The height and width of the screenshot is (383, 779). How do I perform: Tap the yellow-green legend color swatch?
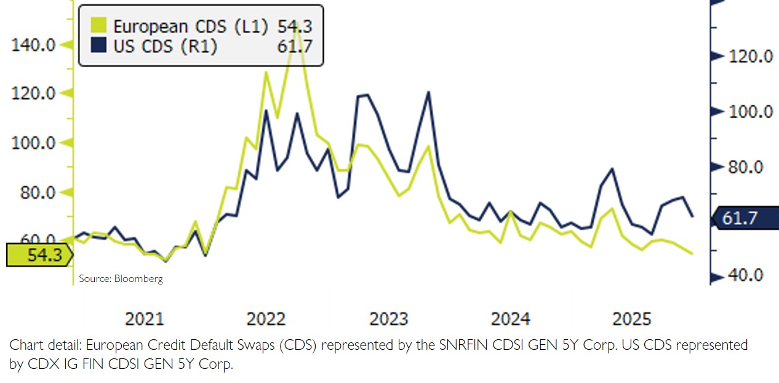[98, 26]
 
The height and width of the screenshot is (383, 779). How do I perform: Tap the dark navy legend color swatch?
[98, 46]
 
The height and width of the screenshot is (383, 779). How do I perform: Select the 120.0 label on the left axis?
[34, 94]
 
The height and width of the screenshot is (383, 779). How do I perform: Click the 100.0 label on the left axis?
[34, 143]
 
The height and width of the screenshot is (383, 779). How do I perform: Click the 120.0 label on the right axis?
[749, 57]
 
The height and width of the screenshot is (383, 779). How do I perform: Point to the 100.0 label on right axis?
[749, 112]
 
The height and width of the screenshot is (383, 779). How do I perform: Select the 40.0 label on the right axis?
[745, 275]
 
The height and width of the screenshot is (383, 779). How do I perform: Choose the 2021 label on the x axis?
[145, 319]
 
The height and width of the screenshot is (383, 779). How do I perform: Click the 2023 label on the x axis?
[388, 319]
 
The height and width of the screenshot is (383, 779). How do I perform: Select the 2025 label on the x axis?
[632, 319]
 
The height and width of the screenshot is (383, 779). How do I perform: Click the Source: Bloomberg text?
[121, 279]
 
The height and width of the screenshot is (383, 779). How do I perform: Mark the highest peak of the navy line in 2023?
[428, 92]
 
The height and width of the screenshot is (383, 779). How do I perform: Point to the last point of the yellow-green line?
[692, 253]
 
